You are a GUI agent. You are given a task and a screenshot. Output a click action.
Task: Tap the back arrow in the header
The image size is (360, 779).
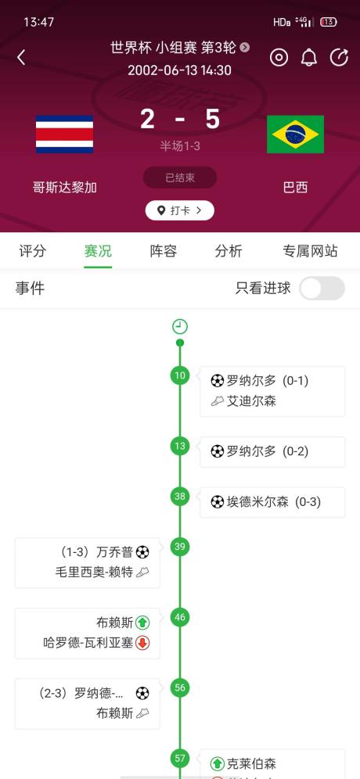pos(21,58)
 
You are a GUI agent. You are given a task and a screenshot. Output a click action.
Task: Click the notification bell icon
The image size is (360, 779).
pos(309,58)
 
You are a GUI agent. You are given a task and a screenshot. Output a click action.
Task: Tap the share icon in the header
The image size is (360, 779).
pos(339,58)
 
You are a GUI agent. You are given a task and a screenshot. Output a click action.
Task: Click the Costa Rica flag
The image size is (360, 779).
pos(65,135)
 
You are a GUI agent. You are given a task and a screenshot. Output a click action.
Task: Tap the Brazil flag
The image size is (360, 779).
pos(295,135)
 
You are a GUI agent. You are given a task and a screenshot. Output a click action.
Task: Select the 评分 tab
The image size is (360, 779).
pos(32,251)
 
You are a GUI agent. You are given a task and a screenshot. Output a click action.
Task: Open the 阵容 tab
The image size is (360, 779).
pos(164,251)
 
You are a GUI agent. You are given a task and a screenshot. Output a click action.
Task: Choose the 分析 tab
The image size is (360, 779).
pos(229,251)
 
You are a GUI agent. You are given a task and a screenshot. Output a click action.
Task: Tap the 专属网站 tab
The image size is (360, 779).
pos(310,251)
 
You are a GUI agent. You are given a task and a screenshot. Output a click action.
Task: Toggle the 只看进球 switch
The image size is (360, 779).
pos(322,288)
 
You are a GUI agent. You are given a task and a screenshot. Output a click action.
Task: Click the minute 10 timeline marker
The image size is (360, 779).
pos(180,375)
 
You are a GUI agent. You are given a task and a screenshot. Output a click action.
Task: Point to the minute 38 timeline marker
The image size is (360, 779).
pos(180,497)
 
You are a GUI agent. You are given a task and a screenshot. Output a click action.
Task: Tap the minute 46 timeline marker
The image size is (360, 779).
pos(180,617)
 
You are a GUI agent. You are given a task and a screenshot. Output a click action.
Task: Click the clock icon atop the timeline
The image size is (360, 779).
pos(180,326)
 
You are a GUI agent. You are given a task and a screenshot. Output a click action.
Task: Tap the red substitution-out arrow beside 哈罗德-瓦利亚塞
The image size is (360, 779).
pos(142,643)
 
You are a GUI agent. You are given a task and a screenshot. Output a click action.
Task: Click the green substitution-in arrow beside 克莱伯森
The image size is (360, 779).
pos(218,763)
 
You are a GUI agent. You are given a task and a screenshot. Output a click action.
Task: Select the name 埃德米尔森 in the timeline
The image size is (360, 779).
pos(258,502)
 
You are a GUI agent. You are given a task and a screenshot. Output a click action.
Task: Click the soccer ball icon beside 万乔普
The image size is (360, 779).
pos(142,552)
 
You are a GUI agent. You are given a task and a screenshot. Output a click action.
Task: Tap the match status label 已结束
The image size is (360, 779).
pos(180,178)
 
